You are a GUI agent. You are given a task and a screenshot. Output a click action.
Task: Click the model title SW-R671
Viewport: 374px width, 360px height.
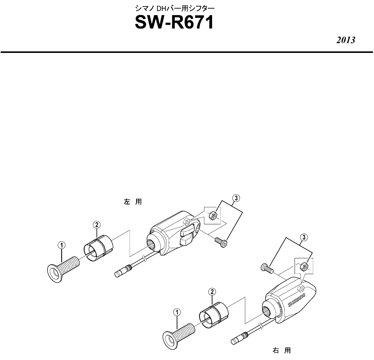tap(174, 23)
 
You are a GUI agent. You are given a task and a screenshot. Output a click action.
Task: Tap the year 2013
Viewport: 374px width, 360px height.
tap(345, 40)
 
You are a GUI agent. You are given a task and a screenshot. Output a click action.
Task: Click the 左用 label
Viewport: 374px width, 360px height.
tap(133, 202)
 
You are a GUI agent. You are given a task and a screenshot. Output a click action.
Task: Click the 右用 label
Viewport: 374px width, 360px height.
tap(282, 350)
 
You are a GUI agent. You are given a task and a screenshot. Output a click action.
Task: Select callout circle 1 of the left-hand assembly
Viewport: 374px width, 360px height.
tap(62, 245)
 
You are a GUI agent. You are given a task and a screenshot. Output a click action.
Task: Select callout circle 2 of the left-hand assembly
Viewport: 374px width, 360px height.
tap(97, 225)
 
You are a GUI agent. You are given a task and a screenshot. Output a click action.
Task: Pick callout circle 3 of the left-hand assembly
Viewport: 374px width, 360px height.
tap(236, 198)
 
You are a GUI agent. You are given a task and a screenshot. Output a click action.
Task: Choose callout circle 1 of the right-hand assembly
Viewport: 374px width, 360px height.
tap(177, 312)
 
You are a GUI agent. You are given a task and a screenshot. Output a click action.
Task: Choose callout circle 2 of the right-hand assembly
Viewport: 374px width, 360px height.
tap(212, 292)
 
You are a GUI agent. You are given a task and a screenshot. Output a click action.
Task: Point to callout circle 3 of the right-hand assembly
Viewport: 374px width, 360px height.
tap(304, 237)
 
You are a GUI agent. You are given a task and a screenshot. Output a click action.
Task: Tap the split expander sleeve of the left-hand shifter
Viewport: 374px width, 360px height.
tap(98, 248)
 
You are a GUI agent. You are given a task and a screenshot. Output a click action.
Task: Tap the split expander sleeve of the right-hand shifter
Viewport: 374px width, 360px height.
tap(214, 315)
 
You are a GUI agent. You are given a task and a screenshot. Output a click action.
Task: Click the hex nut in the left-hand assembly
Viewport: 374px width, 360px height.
tap(212, 216)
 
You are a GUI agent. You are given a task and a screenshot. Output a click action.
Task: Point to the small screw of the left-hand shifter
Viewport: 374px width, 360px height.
tap(221, 242)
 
